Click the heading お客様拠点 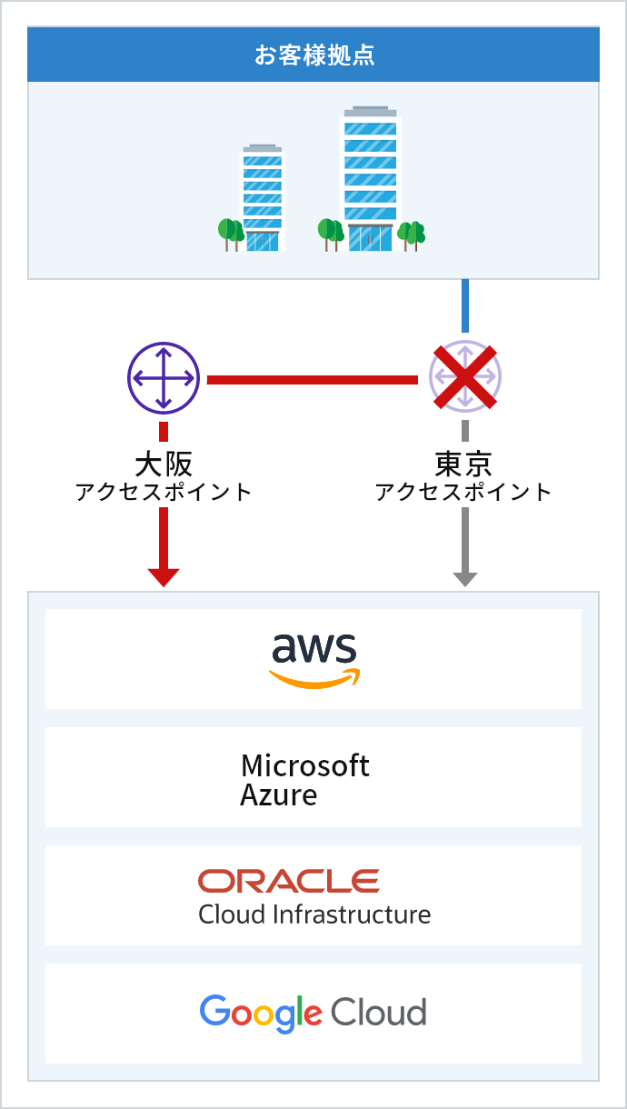click(313, 55)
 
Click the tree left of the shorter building click(230, 233)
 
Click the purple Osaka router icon click(163, 378)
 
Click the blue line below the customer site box click(465, 305)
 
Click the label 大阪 click(164, 464)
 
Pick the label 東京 click(464, 464)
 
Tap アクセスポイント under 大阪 click(164, 493)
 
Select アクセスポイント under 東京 click(464, 493)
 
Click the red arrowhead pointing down click(164, 576)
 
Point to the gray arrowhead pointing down click(465, 577)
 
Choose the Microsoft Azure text click(304, 780)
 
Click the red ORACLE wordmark click(289, 881)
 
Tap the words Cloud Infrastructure click(314, 914)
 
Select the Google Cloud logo click(313, 1013)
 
